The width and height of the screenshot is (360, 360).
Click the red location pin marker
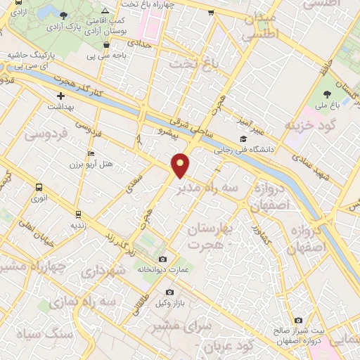click(181, 165)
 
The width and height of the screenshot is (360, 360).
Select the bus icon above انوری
click(39, 188)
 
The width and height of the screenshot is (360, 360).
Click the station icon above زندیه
click(77, 214)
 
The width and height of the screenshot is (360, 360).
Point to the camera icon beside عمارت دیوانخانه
click(163, 259)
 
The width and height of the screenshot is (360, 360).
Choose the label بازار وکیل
click(169, 302)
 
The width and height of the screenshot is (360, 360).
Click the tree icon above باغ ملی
click(328, 94)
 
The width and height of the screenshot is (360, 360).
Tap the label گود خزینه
click(306, 125)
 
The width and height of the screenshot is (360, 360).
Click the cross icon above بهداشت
click(60, 96)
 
